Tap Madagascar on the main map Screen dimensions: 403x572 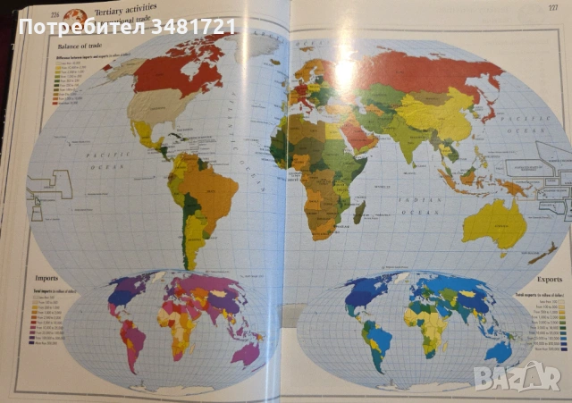coord(359,212)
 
